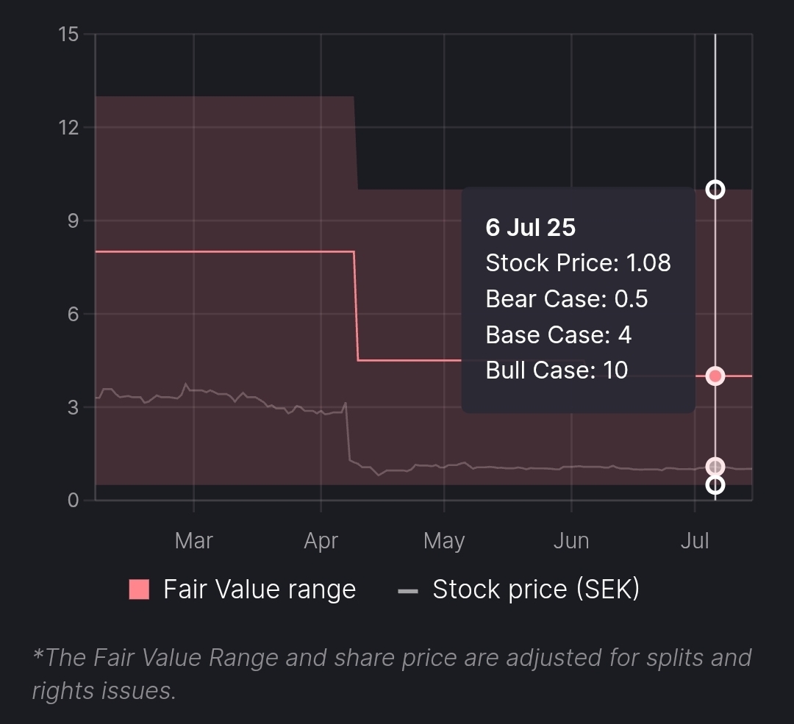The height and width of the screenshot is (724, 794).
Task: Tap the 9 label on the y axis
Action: pos(73,221)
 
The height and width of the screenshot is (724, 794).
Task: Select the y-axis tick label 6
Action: pos(73,314)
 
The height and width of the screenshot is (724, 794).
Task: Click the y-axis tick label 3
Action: pos(73,407)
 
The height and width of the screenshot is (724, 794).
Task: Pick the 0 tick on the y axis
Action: pos(73,501)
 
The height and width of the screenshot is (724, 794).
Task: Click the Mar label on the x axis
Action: pos(193,541)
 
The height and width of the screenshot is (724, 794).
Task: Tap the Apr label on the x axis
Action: pos(321,541)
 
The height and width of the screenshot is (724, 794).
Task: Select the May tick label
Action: pos(444,542)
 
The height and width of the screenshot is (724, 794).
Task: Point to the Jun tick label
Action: pos(571,541)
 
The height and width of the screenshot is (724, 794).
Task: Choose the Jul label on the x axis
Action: pos(695,541)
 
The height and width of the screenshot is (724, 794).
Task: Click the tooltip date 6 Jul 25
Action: pos(530,227)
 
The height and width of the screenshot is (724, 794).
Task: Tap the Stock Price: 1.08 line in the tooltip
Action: pos(578,263)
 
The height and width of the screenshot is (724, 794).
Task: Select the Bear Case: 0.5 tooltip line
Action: pos(566,299)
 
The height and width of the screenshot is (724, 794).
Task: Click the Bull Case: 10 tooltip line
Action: pos(557,370)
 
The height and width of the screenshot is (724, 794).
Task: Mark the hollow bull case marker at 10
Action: pos(715,190)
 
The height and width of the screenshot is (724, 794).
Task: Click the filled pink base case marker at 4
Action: pos(715,376)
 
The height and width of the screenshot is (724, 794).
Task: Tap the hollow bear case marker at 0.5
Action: pos(715,485)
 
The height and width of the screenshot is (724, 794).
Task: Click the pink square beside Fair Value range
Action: pos(139,589)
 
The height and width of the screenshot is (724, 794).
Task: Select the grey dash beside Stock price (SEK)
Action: pos(407,590)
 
